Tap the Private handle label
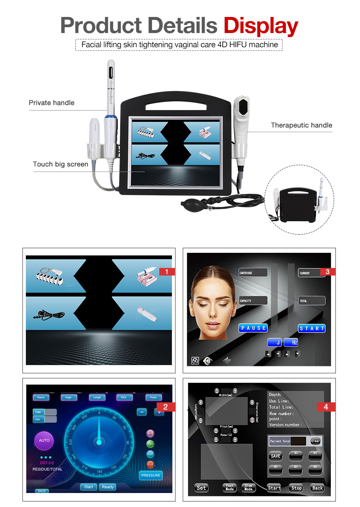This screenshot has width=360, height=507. [x=51, y=103]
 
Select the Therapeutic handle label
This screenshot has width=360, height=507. [x=301, y=125]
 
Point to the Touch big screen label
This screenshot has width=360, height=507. [x=61, y=164]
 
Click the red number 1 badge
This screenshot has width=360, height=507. [x=167, y=272]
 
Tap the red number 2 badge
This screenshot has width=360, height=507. [x=166, y=407]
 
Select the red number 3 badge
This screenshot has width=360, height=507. [x=327, y=272]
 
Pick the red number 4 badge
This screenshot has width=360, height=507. [x=326, y=407]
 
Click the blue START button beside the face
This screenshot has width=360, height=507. [x=312, y=328]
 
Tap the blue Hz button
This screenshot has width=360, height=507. [x=291, y=343]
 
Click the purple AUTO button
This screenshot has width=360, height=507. [x=44, y=441]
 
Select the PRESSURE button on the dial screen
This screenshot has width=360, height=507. [x=151, y=475]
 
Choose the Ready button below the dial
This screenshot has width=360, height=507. [x=108, y=487]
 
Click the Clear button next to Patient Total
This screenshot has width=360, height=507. [x=315, y=441]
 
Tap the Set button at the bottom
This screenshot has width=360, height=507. [x=202, y=488]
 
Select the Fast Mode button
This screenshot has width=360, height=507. [x=230, y=488]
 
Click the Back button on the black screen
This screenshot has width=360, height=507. [x=317, y=488]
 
